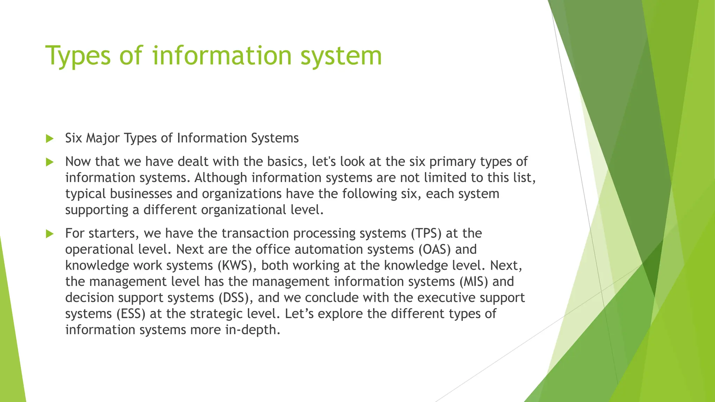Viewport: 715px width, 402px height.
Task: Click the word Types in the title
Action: pyautogui.click(x=78, y=56)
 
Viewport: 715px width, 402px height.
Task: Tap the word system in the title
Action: pyautogui.click(x=341, y=56)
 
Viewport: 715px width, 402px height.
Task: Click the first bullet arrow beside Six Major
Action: pyautogui.click(x=50, y=139)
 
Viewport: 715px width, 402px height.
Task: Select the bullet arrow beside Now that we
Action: pyautogui.click(x=50, y=162)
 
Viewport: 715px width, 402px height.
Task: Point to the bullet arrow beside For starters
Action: pyautogui.click(x=50, y=234)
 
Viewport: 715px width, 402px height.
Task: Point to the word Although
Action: pyautogui.click(x=221, y=178)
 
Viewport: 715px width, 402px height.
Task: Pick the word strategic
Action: pyautogui.click(x=216, y=314)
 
